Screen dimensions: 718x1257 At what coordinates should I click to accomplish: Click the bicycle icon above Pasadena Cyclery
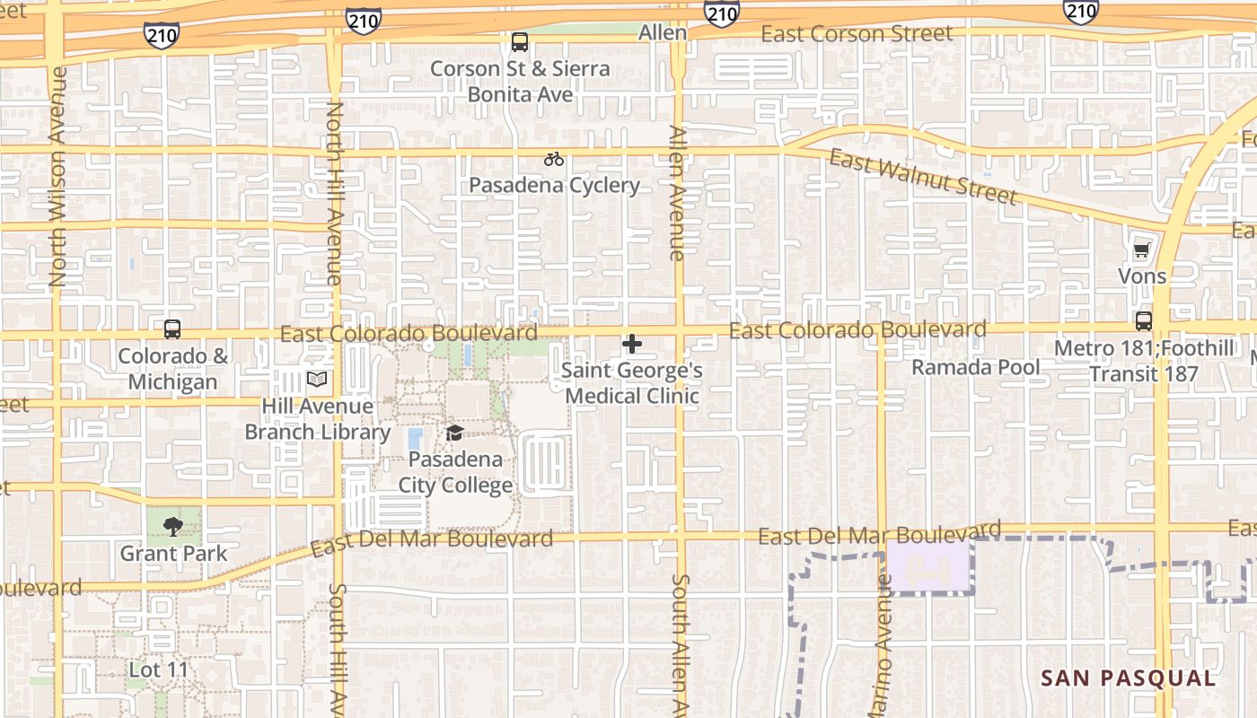(x=554, y=160)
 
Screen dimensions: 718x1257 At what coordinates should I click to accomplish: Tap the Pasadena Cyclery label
(x=554, y=186)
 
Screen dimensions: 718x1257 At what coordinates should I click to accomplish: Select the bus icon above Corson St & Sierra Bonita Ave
(x=520, y=42)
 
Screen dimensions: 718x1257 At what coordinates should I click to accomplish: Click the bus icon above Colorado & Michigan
(x=172, y=329)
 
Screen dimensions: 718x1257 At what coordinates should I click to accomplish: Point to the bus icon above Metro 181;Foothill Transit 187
(x=1144, y=320)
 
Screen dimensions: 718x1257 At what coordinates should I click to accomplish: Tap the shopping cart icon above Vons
(x=1141, y=250)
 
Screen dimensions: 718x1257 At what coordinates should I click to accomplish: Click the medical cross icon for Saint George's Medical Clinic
(x=632, y=344)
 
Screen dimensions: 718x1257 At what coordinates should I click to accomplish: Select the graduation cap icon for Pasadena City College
(x=455, y=434)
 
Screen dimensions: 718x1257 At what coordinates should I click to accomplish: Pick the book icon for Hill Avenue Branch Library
(x=317, y=380)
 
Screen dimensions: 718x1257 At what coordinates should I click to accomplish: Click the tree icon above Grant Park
(x=173, y=527)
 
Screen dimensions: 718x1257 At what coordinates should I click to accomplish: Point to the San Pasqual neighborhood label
(x=1128, y=679)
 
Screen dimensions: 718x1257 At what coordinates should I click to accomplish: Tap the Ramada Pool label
(x=976, y=367)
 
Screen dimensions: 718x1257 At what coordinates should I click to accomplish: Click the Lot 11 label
(x=159, y=670)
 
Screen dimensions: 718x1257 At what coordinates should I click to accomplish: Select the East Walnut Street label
(x=923, y=178)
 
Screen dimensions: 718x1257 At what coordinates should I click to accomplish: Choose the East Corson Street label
(x=857, y=34)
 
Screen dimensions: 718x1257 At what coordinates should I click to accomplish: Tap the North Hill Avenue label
(x=334, y=193)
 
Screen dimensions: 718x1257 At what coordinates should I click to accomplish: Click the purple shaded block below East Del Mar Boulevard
(x=930, y=566)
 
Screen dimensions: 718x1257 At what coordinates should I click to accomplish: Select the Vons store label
(x=1142, y=276)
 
